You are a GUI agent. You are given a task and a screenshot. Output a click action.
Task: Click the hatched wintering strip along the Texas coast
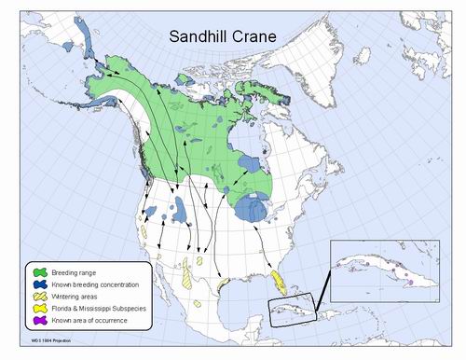pos(222,282)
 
